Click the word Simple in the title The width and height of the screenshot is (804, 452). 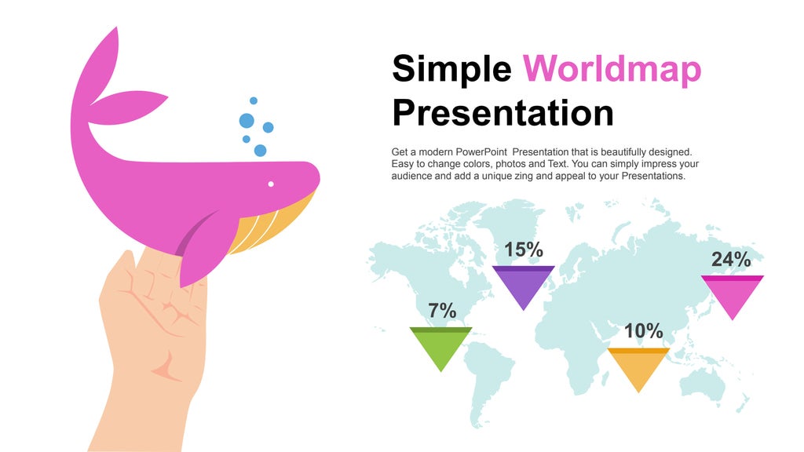451,69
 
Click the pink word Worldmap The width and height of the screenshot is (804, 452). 612,69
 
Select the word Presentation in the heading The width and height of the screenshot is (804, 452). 502,112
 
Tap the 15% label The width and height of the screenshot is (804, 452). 524,250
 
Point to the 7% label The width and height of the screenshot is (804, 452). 442,311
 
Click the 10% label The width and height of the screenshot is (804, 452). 644,331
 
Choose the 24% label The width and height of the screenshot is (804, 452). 731,260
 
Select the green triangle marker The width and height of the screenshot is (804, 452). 441,346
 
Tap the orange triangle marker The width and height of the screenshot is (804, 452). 639,366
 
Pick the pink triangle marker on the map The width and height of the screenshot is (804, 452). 732,293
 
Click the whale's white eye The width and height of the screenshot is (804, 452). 271,184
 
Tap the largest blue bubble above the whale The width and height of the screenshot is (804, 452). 247,121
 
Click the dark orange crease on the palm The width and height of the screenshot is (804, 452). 166,364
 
